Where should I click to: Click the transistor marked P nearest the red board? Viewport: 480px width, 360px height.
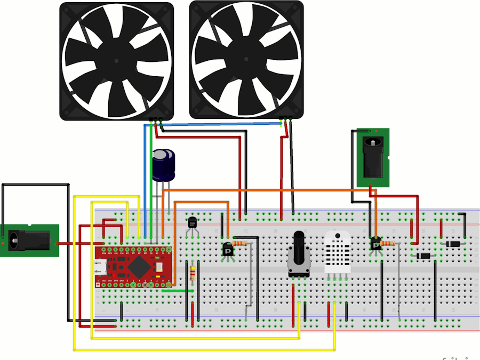[228, 249]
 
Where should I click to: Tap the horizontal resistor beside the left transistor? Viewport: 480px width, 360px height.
[241, 243]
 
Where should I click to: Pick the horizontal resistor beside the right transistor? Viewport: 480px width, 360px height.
[388, 244]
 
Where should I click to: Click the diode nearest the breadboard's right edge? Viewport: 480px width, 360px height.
[453, 244]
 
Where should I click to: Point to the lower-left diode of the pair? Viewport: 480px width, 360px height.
[423, 256]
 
